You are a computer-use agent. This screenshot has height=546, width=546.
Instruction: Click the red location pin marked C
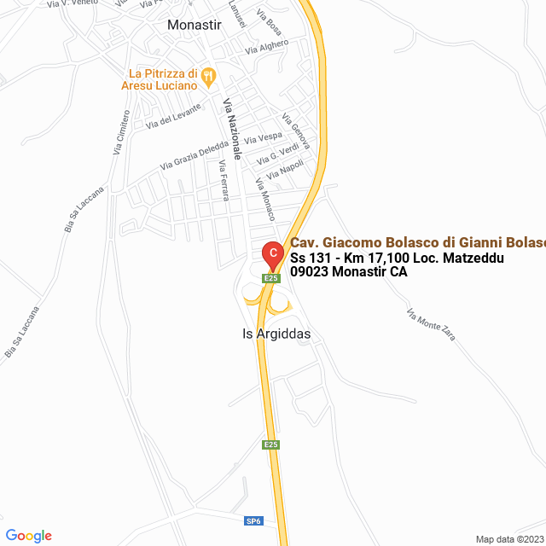point(271,253)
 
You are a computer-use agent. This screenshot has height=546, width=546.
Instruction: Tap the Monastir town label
point(195,25)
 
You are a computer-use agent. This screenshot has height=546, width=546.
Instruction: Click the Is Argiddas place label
point(271,334)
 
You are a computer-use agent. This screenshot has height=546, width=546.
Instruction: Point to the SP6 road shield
point(253,520)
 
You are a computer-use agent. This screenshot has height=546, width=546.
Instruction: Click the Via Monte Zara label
point(432,324)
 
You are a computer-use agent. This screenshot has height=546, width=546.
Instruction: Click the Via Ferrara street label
point(224,180)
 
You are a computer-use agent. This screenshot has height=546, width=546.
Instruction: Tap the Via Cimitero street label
point(121,131)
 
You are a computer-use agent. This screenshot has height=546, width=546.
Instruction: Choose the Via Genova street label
point(296,131)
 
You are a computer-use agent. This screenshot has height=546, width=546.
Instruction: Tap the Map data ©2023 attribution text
point(508,539)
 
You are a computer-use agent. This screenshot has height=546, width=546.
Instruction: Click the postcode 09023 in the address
point(312,272)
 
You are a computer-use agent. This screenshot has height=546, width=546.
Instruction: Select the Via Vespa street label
point(263,137)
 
